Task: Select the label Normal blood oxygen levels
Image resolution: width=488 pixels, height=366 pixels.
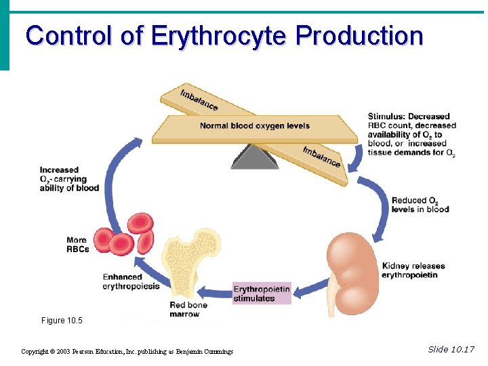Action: [x=254, y=126]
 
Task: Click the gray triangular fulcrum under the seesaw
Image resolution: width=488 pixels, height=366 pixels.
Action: [x=254, y=157]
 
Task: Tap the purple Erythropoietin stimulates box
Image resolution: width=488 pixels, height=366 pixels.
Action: [x=262, y=293]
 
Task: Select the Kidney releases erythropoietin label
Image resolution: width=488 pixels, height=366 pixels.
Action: [x=409, y=270]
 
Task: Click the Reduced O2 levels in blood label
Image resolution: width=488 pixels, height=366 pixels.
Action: [x=420, y=205]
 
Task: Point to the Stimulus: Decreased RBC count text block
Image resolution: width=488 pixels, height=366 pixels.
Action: [x=411, y=134]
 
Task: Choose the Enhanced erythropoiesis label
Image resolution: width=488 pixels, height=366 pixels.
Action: [x=131, y=281]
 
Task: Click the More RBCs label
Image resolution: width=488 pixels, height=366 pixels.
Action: [x=77, y=245]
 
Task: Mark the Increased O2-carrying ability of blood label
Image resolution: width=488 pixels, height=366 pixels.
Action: [x=68, y=179]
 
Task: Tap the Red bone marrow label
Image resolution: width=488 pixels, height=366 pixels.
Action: [x=188, y=310]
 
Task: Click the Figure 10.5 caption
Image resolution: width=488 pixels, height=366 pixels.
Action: [x=62, y=321]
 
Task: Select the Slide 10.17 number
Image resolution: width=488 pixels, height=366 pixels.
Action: [x=451, y=349]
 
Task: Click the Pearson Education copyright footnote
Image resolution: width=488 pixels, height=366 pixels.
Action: [x=127, y=351]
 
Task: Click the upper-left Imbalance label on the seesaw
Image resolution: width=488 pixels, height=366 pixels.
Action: [x=199, y=99]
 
